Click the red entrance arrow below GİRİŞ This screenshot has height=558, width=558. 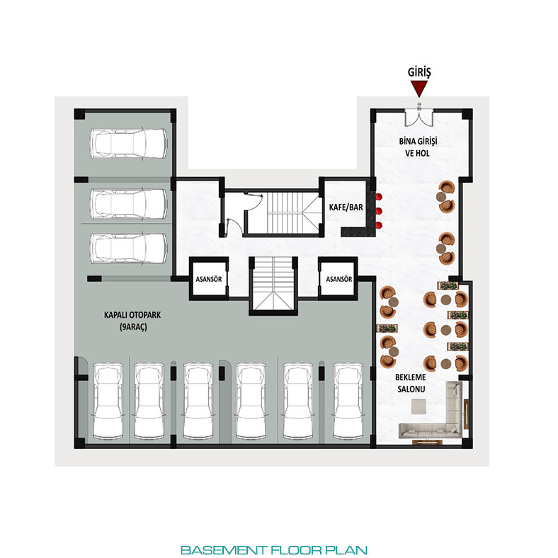point(419,89)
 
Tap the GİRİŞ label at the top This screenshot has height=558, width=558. point(419,72)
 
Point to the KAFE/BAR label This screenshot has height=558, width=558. point(346,207)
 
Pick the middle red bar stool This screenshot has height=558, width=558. point(378,211)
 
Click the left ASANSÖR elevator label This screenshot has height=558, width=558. point(209,279)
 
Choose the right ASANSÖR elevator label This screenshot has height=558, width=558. point(339,279)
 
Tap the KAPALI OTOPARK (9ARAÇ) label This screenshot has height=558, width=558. point(132,321)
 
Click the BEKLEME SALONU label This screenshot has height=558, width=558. point(411,383)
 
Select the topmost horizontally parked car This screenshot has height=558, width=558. point(128,143)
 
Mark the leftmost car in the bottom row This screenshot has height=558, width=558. point(108,401)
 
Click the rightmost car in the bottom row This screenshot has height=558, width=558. point(348,401)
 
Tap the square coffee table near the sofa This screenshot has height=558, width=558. point(418,406)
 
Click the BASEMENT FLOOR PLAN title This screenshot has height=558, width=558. point(274,550)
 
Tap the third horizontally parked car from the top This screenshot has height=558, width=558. point(128,248)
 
